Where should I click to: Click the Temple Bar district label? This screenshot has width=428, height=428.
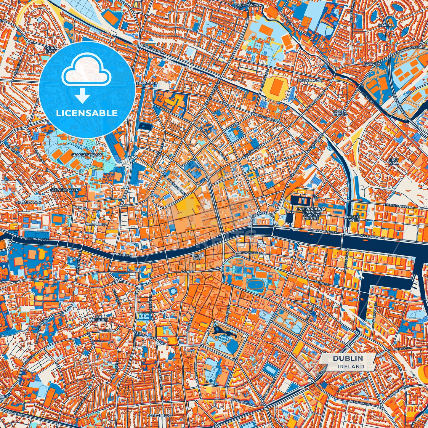click(197, 257)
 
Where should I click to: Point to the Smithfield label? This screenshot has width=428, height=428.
click(96, 225)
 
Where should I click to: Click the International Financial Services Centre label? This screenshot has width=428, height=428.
click(312, 213)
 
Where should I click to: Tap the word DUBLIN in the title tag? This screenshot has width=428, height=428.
click(348, 358)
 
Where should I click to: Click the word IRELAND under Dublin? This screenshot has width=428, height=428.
click(351, 366)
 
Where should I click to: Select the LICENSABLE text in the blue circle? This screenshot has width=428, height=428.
click(87, 113)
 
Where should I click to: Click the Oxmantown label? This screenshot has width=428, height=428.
click(28, 202)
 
